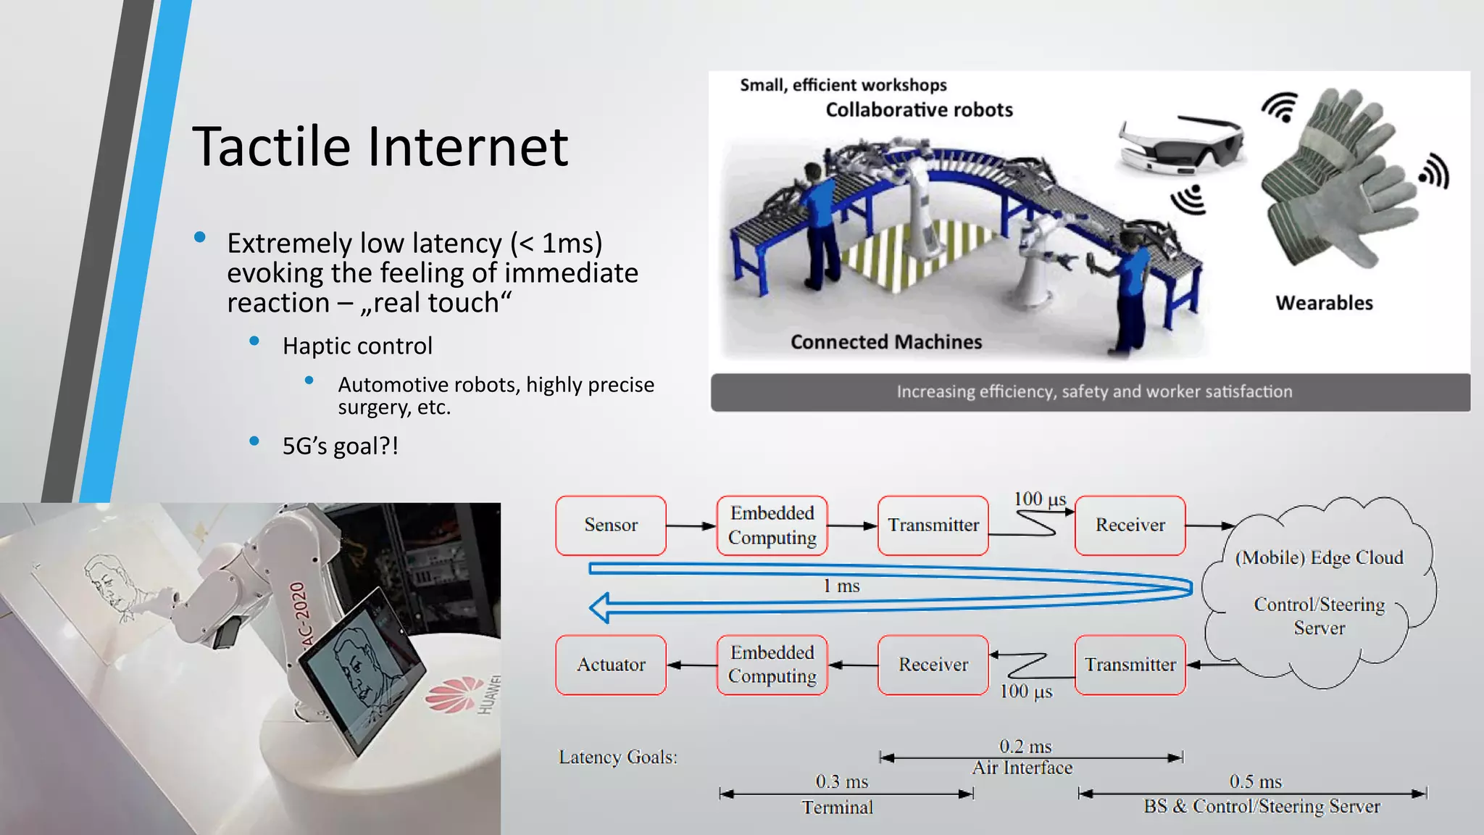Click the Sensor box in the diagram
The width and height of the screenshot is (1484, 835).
(x=611, y=525)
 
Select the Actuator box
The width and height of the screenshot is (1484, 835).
(x=611, y=665)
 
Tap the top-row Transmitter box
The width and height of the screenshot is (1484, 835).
(x=933, y=525)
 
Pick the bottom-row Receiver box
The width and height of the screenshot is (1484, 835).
(x=933, y=665)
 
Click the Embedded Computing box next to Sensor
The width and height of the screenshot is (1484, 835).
(x=772, y=525)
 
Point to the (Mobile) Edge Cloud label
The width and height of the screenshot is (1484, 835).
(x=1319, y=557)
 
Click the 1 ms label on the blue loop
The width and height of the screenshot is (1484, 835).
(x=841, y=586)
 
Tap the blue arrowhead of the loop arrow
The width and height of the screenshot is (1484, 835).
(x=600, y=607)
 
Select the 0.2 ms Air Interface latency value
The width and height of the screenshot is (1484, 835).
(x=1025, y=747)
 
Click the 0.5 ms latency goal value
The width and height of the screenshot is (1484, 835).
(x=1255, y=782)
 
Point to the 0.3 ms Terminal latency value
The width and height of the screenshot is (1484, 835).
(x=841, y=782)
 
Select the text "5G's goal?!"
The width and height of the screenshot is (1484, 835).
(x=340, y=446)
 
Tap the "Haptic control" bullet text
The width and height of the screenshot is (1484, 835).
(x=357, y=346)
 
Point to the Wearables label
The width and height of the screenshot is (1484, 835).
(x=1324, y=303)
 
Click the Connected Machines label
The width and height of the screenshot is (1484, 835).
(x=885, y=342)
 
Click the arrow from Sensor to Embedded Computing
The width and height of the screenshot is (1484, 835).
(x=691, y=525)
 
